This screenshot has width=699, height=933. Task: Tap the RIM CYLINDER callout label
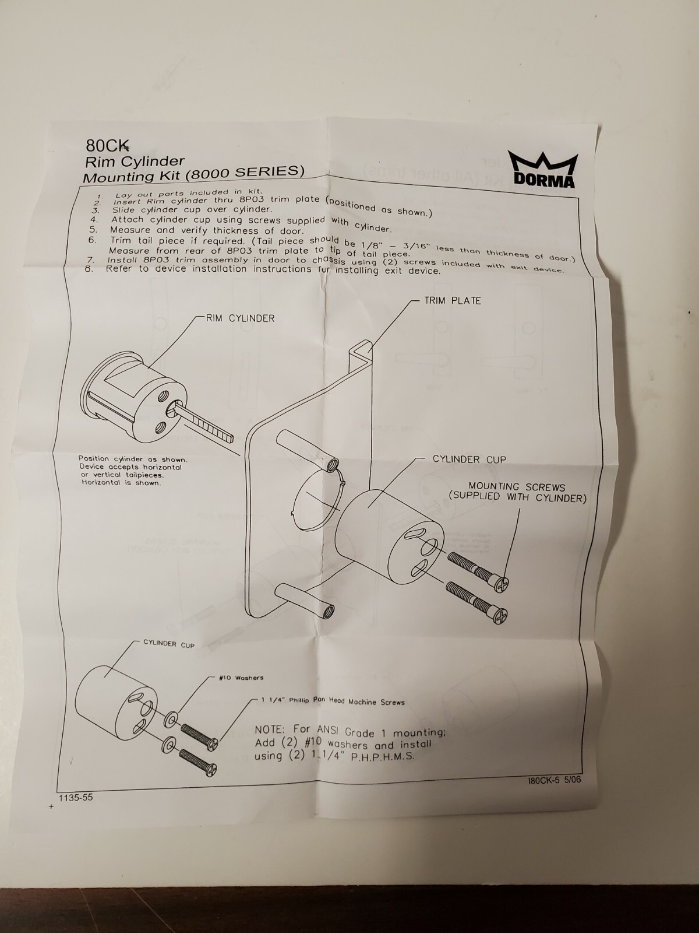coord(240,318)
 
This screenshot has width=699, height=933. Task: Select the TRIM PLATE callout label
coord(453,301)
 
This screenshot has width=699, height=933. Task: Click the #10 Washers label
coord(241,678)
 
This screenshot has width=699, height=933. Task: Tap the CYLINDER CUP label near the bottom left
coord(169,644)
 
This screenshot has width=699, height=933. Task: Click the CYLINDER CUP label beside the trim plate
coord(469,460)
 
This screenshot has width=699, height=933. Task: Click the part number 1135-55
coord(75,798)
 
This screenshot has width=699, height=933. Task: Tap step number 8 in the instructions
coord(90,269)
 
